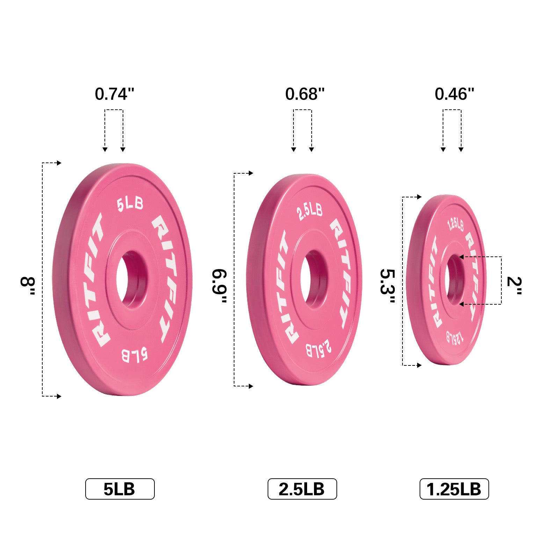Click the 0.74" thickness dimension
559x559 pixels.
point(114,94)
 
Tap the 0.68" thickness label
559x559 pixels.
point(305,94)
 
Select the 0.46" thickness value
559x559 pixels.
point(454,94)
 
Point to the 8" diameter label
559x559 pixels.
point(28,286)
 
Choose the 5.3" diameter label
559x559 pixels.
point(388,286)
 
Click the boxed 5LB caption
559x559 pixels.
point(119,489)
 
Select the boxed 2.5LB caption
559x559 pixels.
point(302,489)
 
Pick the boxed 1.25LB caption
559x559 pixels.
point(454,489)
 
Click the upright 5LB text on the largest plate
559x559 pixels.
point(130,204)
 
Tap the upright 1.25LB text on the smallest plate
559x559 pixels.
point(456,225)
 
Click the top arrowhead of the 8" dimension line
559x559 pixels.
point(59,163)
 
